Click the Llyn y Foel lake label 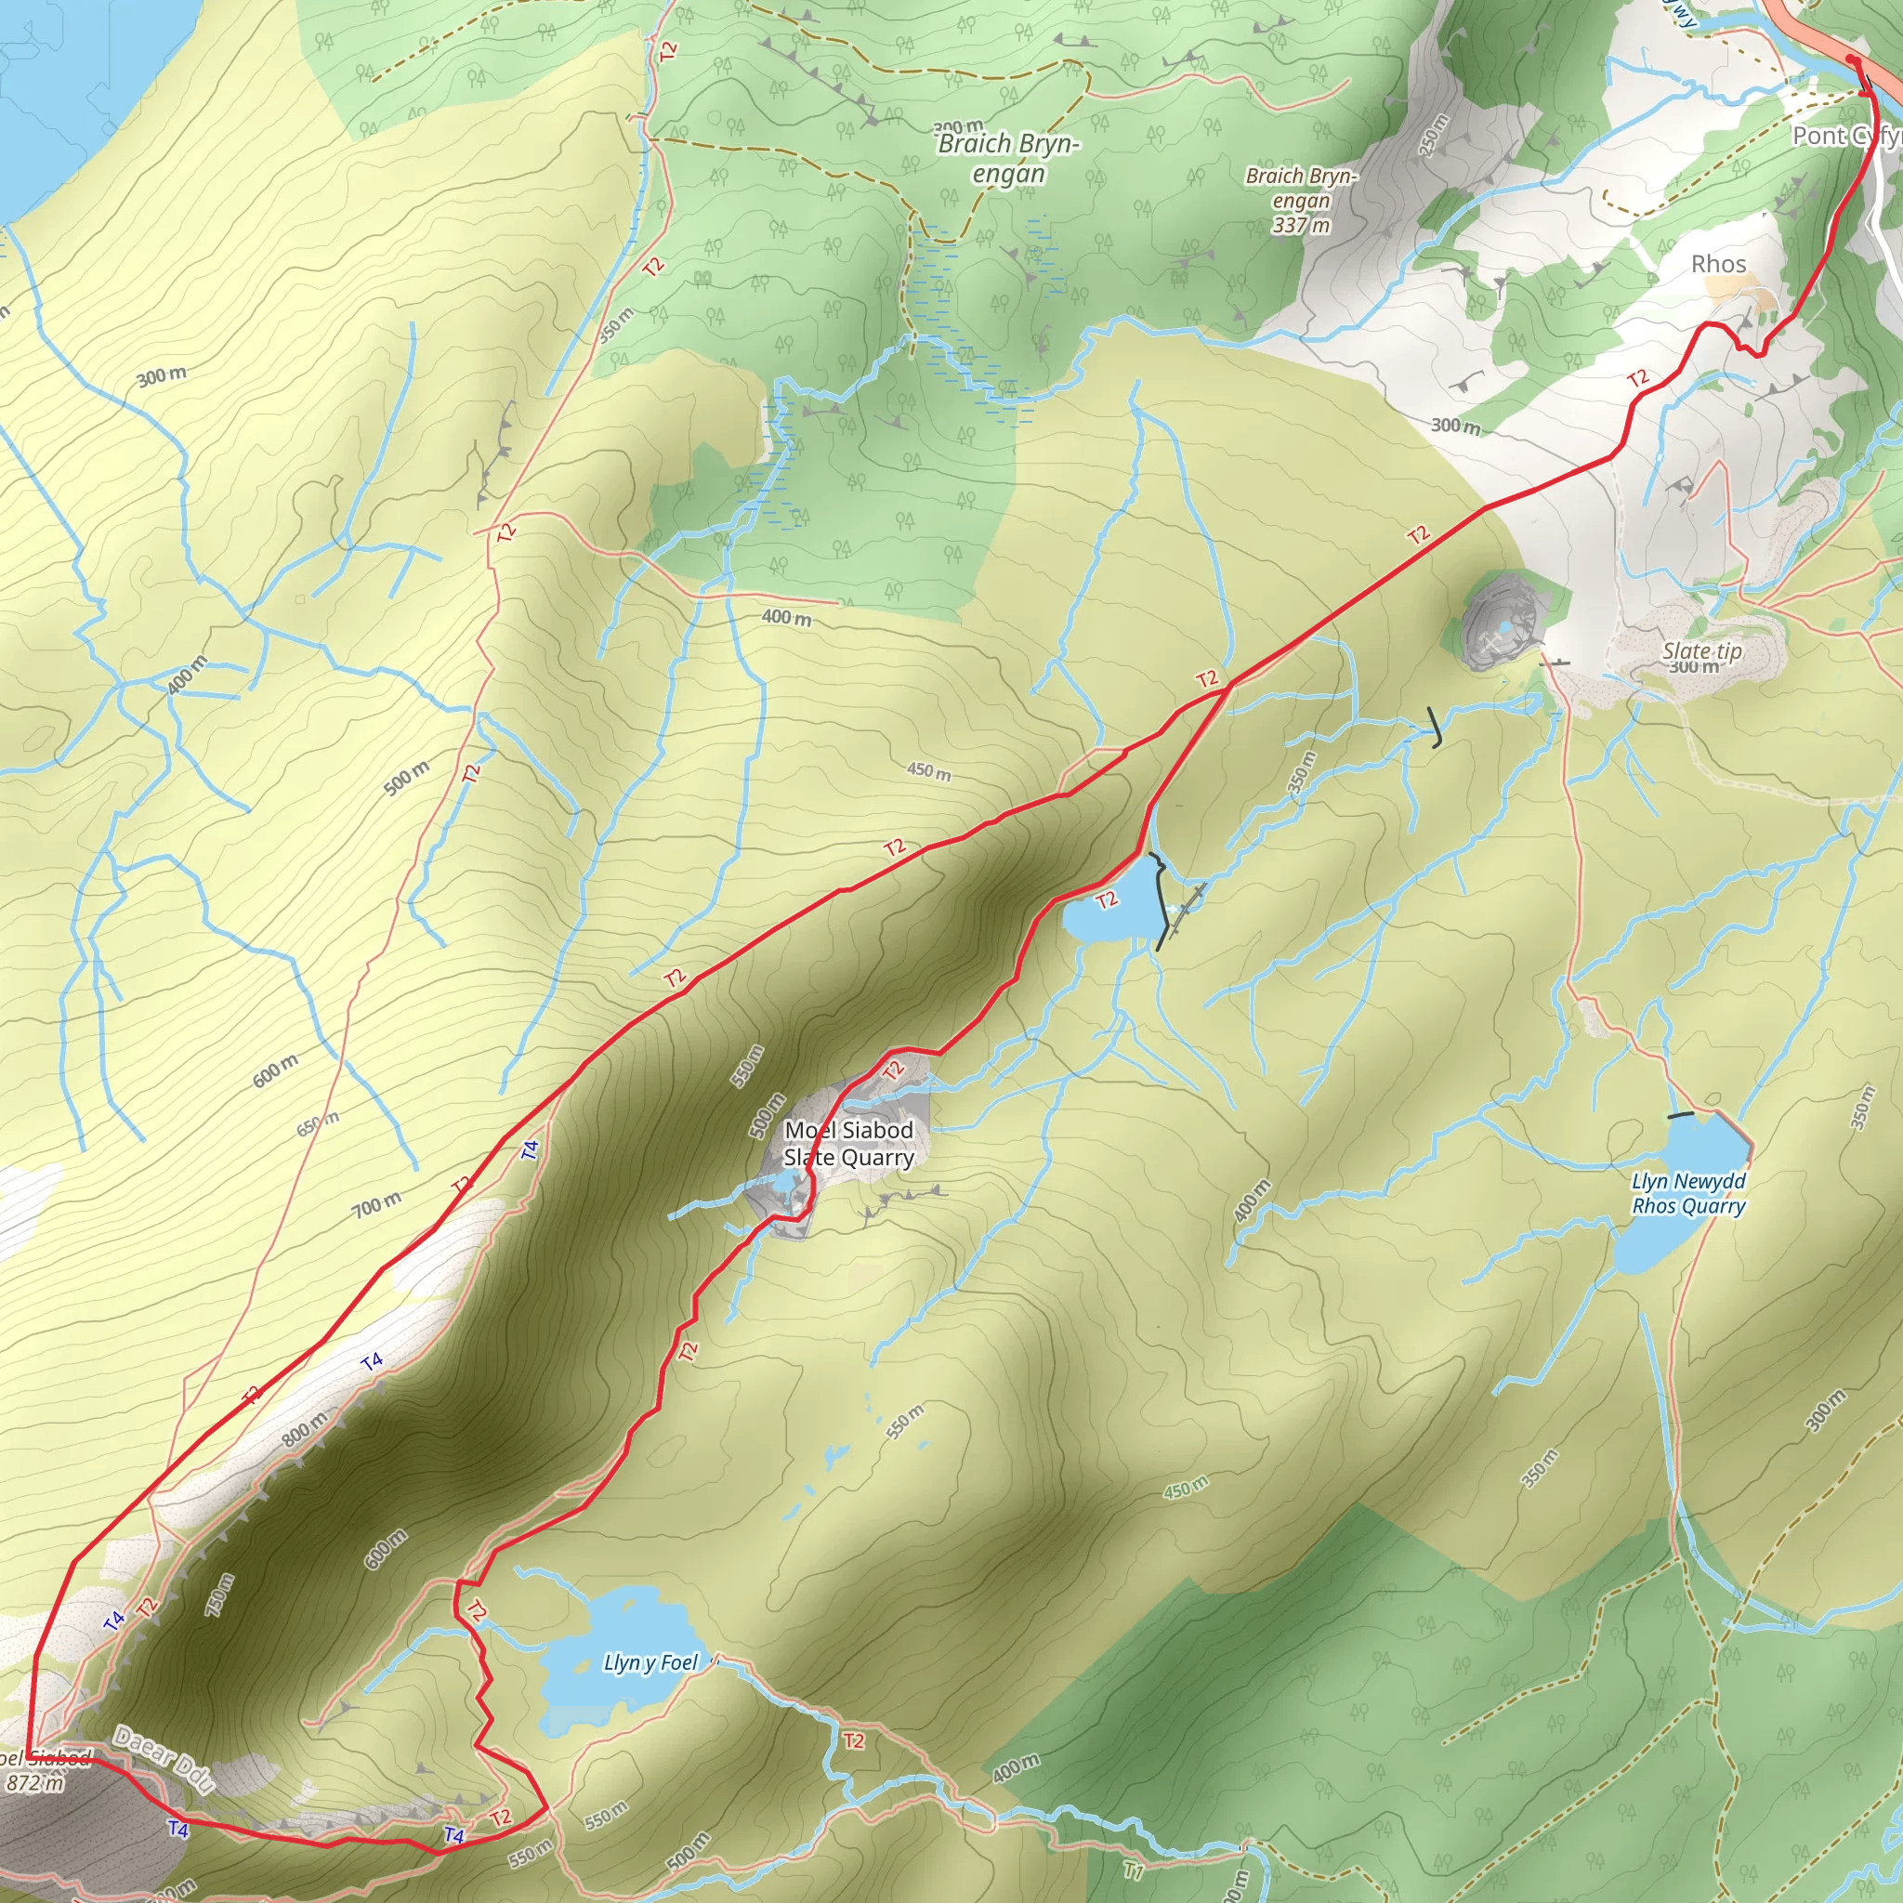[650, 1663]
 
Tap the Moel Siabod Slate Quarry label [849, 1144]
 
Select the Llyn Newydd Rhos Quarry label [1688, 1193]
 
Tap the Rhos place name [1719, 264]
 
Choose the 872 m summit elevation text [34, 1783]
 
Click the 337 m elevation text [1301, 226]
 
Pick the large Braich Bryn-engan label [1008, 158]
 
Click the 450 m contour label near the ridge [929, 770]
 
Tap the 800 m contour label [305, 1429]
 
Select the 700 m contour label [377, 1202]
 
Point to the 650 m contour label [317, 1124]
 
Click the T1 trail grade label [1134, 1869]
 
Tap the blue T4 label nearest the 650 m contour [531, 1148]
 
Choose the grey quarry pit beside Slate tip [1497, 621]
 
